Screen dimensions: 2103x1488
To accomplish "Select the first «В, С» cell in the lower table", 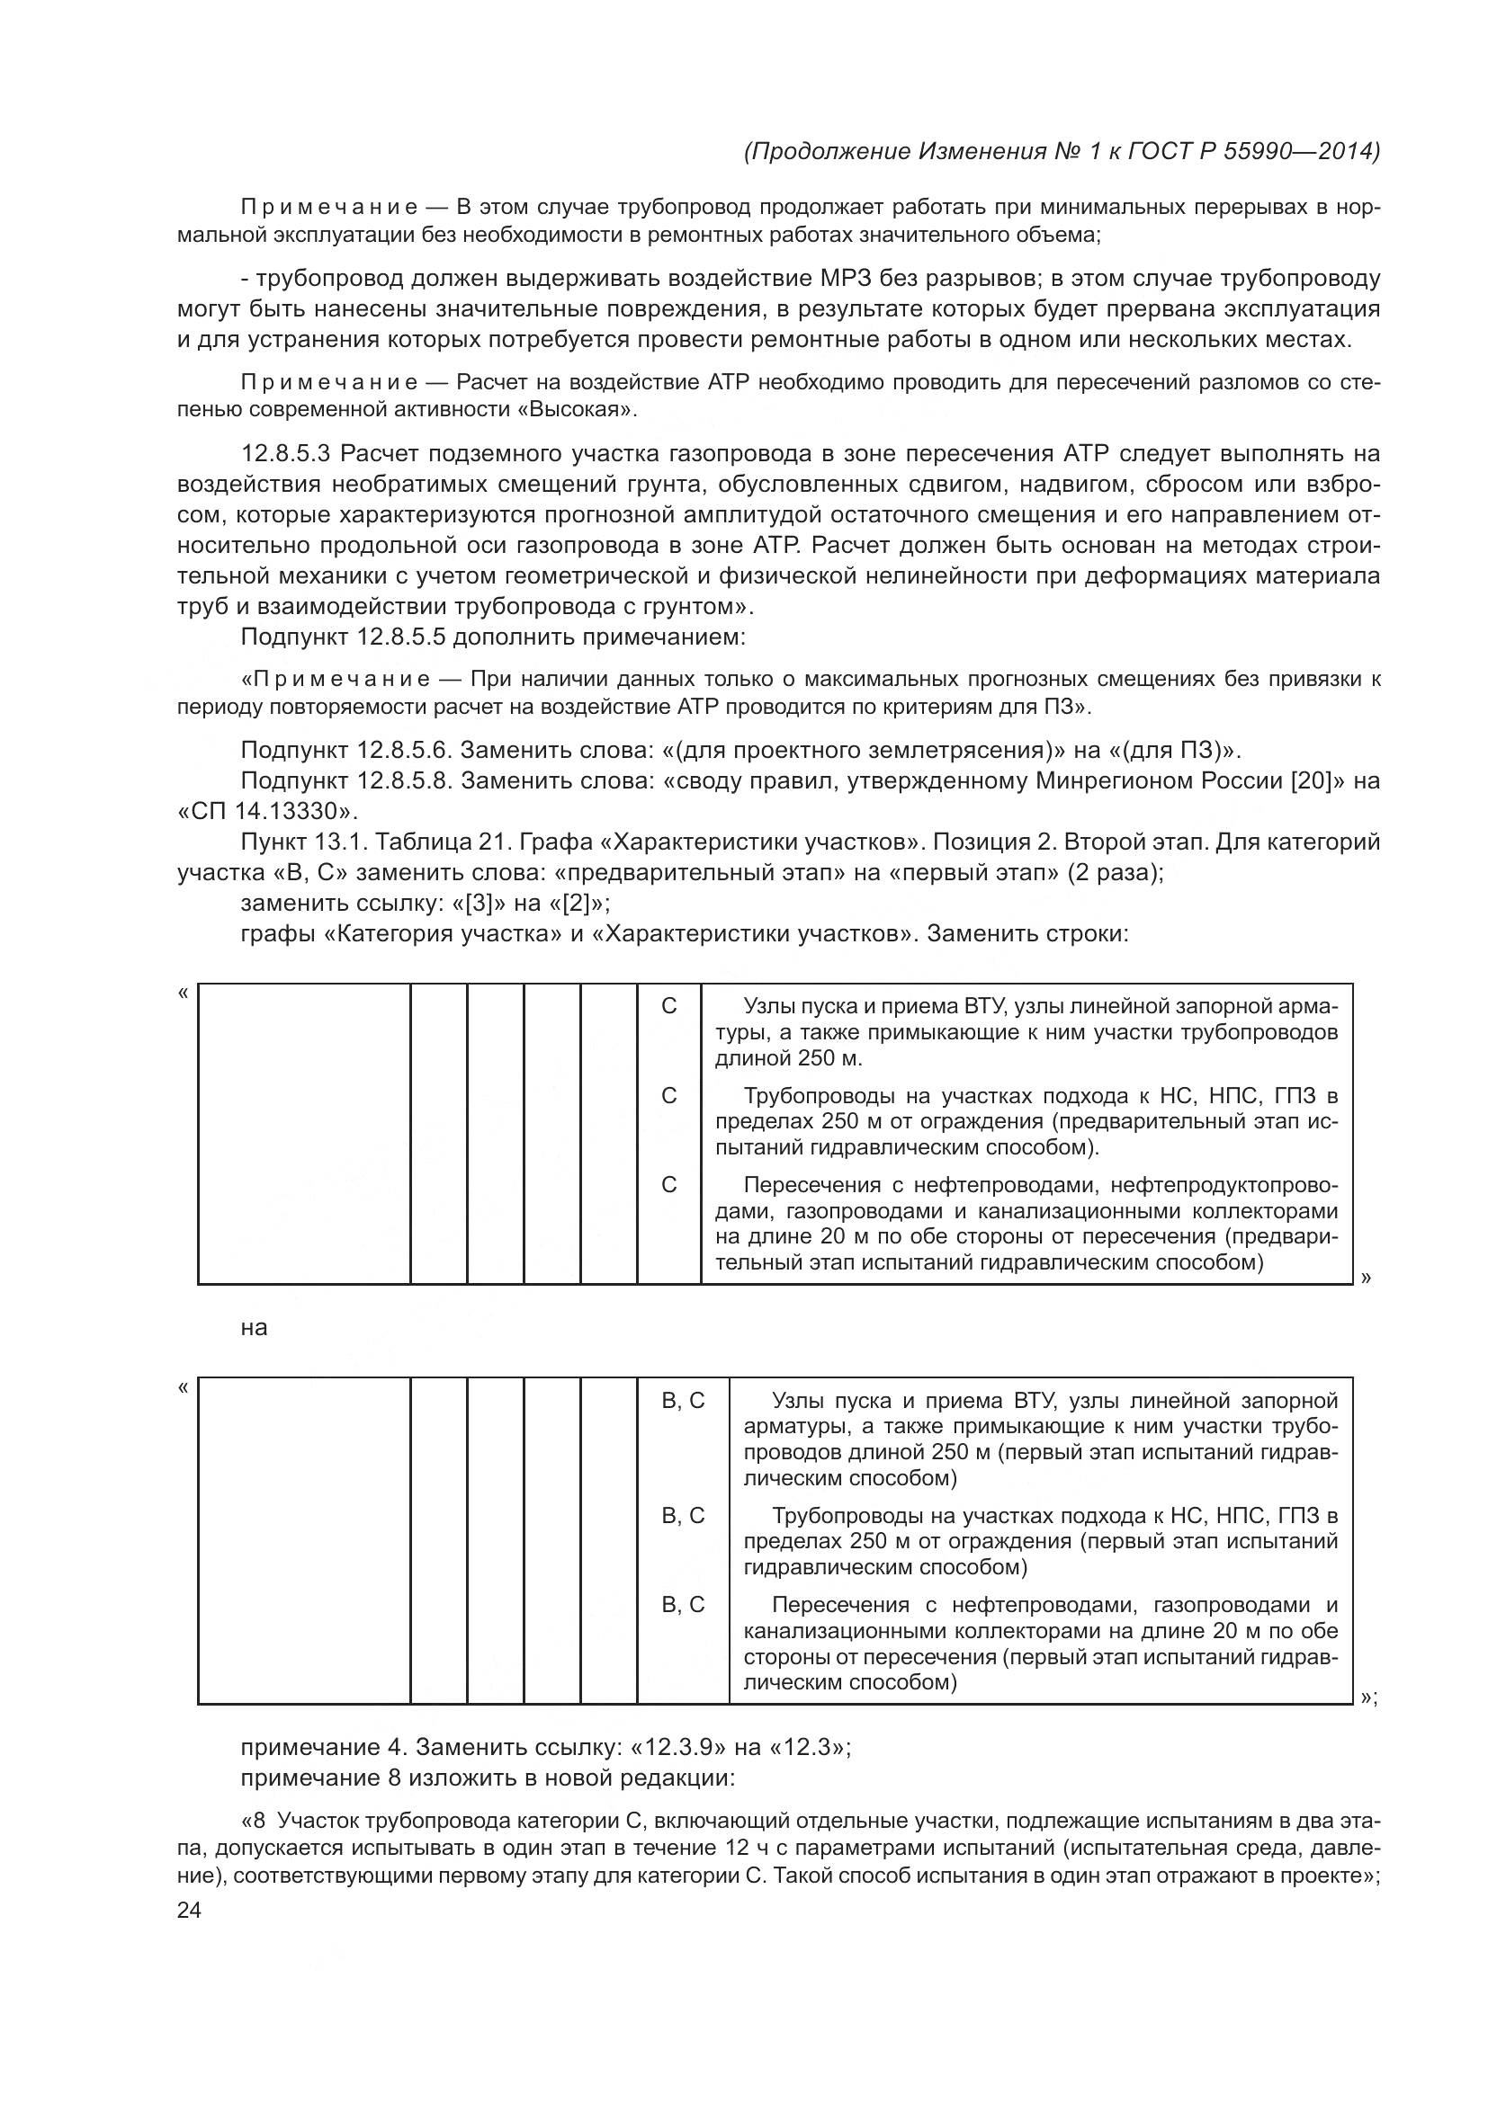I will (x=684, y=1401).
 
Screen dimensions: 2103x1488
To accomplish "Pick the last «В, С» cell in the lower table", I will (x=684, y=1605).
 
